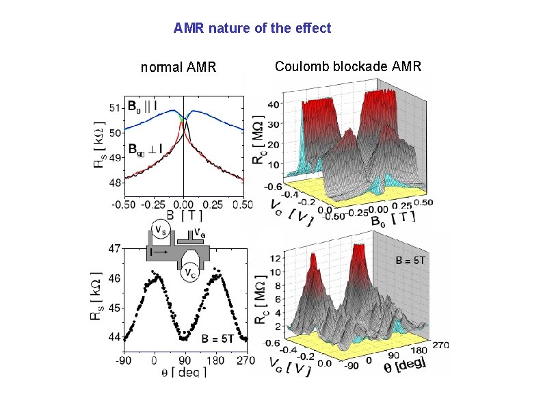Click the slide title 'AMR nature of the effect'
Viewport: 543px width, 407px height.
tap(252, 28)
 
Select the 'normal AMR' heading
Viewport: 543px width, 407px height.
tap(178, 67)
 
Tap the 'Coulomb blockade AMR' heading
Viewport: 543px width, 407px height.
tap(348, 66)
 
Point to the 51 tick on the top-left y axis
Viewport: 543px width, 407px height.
tap(116, 107)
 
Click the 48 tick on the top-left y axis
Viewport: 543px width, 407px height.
tap(116, 183)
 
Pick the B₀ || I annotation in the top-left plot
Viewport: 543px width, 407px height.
tap(142, 106)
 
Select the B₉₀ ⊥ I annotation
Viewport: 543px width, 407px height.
tap(145, 148)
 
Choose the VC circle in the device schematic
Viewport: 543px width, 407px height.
tap(192, 273)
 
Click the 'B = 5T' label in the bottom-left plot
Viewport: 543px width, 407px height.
tap(217, 339)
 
